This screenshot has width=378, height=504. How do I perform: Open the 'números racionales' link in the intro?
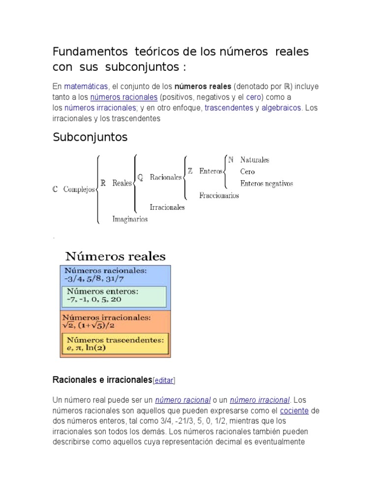[x=124, y=97]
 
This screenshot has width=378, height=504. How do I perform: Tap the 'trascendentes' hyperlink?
[x=228, y=108]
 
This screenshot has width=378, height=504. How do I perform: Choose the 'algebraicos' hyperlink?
[x=281, y=108]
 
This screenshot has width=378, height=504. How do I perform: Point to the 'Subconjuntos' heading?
[x=90, y=137]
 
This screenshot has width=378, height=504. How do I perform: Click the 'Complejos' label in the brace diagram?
[x=79, y=189]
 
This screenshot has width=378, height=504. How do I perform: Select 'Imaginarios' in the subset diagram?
[x=130, y=220]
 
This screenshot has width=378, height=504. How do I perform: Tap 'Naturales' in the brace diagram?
[x=254, y=160]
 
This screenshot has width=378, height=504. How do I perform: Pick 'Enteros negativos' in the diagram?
[x=266, y=184]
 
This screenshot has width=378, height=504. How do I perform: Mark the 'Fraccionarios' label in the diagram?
[x=219, y=195]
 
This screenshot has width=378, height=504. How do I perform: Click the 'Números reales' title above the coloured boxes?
[x=116, y=256]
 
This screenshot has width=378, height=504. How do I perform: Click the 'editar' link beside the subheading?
[x=164, y=380]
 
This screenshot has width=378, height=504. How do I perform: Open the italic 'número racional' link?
[x=183, y=400]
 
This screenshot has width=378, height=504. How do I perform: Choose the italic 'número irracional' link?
[x=260, y=400]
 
